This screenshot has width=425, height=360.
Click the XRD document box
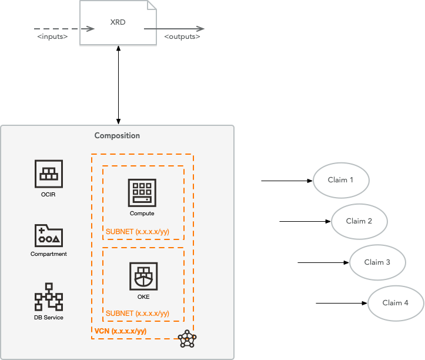(119, 23)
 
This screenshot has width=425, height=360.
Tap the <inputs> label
(52, 37)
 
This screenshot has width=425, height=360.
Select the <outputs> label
(182, 37)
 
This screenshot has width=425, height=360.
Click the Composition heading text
(117, 136)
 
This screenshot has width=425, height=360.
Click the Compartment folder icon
(49, 235)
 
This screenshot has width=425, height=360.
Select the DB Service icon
(49, 297)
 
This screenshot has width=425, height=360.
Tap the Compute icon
(142, 192)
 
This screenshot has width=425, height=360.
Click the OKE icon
(143, 276)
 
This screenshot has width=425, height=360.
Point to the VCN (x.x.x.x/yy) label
(121, 331)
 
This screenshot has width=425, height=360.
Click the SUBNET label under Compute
(138, 231)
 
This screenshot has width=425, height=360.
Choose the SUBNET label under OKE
(138, 313)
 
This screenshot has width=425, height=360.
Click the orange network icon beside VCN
(187, 339)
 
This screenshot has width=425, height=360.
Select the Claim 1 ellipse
(342, 180)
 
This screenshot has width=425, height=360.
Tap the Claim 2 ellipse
(360, 221)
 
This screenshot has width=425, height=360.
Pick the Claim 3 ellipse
(377, 262)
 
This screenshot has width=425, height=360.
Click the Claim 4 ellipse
(396, 303)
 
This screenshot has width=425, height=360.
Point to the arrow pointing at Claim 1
(286, 180)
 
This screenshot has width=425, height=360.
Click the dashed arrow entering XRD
(63, 28)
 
